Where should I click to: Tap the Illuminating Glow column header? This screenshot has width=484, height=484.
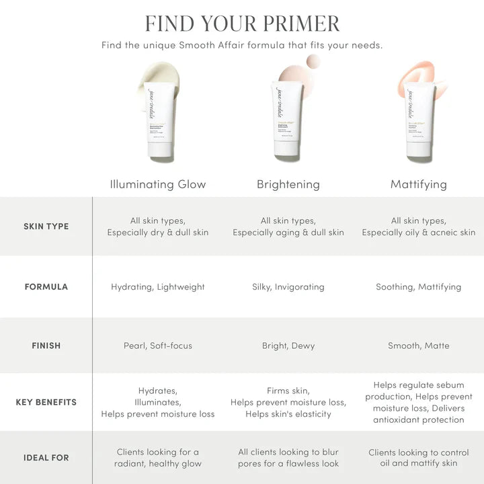point(158,184)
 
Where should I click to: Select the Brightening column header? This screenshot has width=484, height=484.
point(288,184)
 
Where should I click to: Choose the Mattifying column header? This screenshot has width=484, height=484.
point(418,184)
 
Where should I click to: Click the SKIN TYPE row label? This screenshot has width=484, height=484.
point(46,227)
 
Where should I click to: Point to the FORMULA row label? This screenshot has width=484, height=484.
point(46,287)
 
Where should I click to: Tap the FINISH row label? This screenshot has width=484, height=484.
point(46,346)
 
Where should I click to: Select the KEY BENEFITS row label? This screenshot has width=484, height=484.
point(46,403)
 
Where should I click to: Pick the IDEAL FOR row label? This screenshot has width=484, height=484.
point(46,458)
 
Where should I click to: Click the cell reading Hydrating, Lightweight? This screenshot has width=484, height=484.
point(158,287)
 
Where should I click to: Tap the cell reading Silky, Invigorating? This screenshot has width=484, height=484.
point(288,287)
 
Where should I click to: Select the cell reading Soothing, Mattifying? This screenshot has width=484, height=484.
point(418,287)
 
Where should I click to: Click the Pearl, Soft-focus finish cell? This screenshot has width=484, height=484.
point(158,346)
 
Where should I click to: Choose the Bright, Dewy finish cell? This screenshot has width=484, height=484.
point(288,346)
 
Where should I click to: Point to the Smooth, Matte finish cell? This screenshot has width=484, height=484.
point(418,346)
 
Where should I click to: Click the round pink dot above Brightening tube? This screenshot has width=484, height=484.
point(313,62)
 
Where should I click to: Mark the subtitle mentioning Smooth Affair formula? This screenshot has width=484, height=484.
point(242,46)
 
